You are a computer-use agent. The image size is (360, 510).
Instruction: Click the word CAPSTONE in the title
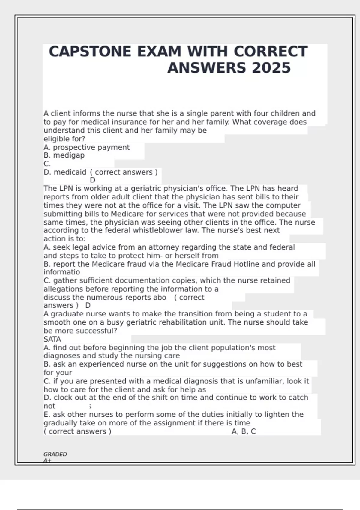90,52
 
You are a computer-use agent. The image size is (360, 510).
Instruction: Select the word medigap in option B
69,155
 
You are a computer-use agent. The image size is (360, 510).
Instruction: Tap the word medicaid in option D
70,172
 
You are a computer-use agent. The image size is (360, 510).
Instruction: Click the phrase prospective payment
91,147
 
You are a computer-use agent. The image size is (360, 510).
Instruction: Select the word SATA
52,339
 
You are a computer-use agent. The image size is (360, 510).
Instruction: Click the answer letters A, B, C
244,431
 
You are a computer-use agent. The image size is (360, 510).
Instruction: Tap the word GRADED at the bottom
55,454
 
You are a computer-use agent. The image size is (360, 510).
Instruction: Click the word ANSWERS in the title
207,68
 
